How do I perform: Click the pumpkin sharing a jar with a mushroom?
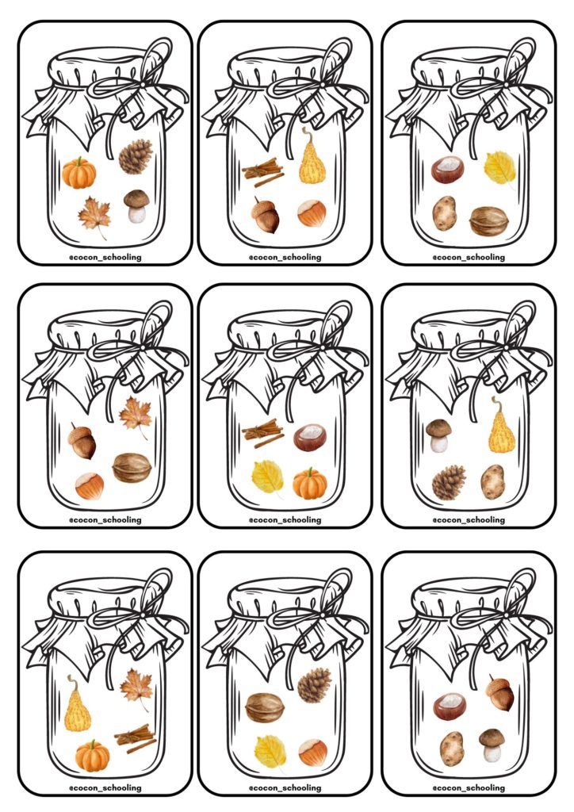[x=78, y=173]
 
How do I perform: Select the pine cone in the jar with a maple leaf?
[x=135, y=157]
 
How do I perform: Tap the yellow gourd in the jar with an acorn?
[x=312, y=157]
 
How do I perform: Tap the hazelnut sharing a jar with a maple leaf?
[x=89, y=486]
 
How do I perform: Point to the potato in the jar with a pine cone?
[x=492, y=481]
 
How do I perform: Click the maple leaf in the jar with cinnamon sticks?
[x=136, y=688]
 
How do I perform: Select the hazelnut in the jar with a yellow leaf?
[x=312, y=752]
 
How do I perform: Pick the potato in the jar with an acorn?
[x=452, y=749]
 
